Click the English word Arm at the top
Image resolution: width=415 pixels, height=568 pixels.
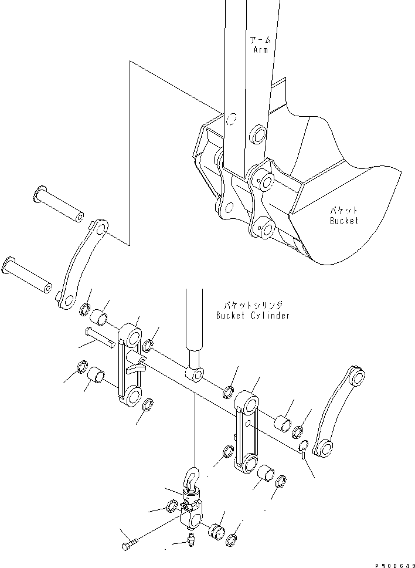(x=260, y=50)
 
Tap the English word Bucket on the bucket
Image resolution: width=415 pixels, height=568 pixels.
(x=343, y=221)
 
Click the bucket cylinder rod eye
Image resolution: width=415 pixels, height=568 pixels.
(x=194, y=373)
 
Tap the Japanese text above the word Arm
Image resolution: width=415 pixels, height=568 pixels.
(x=260, y=40)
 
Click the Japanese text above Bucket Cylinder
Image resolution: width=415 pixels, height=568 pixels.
(x=253, y=305)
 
